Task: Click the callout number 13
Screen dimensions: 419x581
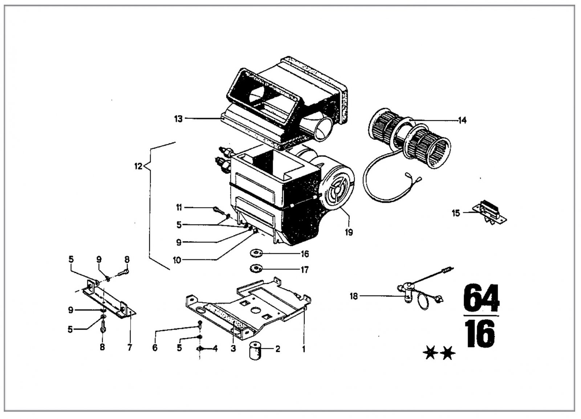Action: [178, 119]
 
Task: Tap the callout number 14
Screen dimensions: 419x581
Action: [462, 120]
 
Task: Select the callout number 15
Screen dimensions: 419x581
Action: [456, 213]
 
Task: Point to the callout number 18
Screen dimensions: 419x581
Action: [353, 296]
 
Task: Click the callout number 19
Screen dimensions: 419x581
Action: [349, 232]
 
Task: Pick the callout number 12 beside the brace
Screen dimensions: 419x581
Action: [138, 167]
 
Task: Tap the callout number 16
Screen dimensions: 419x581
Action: [305, 254]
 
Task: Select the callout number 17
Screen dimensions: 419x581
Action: [305, 270]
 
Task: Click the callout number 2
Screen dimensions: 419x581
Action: [278, 349]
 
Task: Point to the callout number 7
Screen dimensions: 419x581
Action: [130, 347]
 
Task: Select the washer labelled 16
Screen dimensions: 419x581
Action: [256, 252]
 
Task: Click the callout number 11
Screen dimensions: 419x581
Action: [179, 208]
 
